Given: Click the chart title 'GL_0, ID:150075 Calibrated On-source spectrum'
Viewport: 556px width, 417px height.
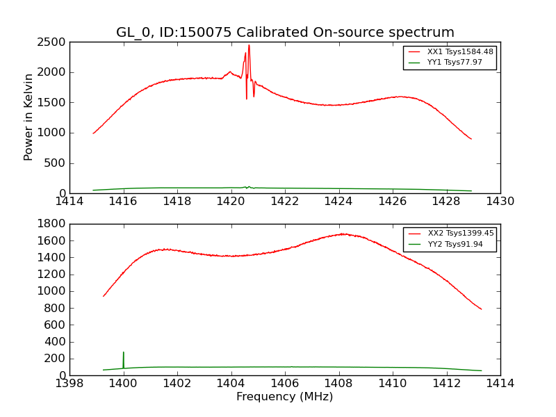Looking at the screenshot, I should (x=285, y=33).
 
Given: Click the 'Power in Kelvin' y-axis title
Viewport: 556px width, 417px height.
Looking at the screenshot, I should (x=28, y=117).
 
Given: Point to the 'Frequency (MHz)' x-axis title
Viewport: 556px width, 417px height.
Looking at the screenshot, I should (x=284, y=397).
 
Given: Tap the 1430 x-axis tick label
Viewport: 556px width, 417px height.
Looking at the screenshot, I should (x=500, y=202).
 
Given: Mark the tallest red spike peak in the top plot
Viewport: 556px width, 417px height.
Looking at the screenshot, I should (x=249, y=45).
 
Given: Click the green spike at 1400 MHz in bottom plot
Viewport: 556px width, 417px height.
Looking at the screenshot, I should (x=124, y=352).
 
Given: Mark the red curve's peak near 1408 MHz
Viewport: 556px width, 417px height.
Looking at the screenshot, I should (x=342, y=234).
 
